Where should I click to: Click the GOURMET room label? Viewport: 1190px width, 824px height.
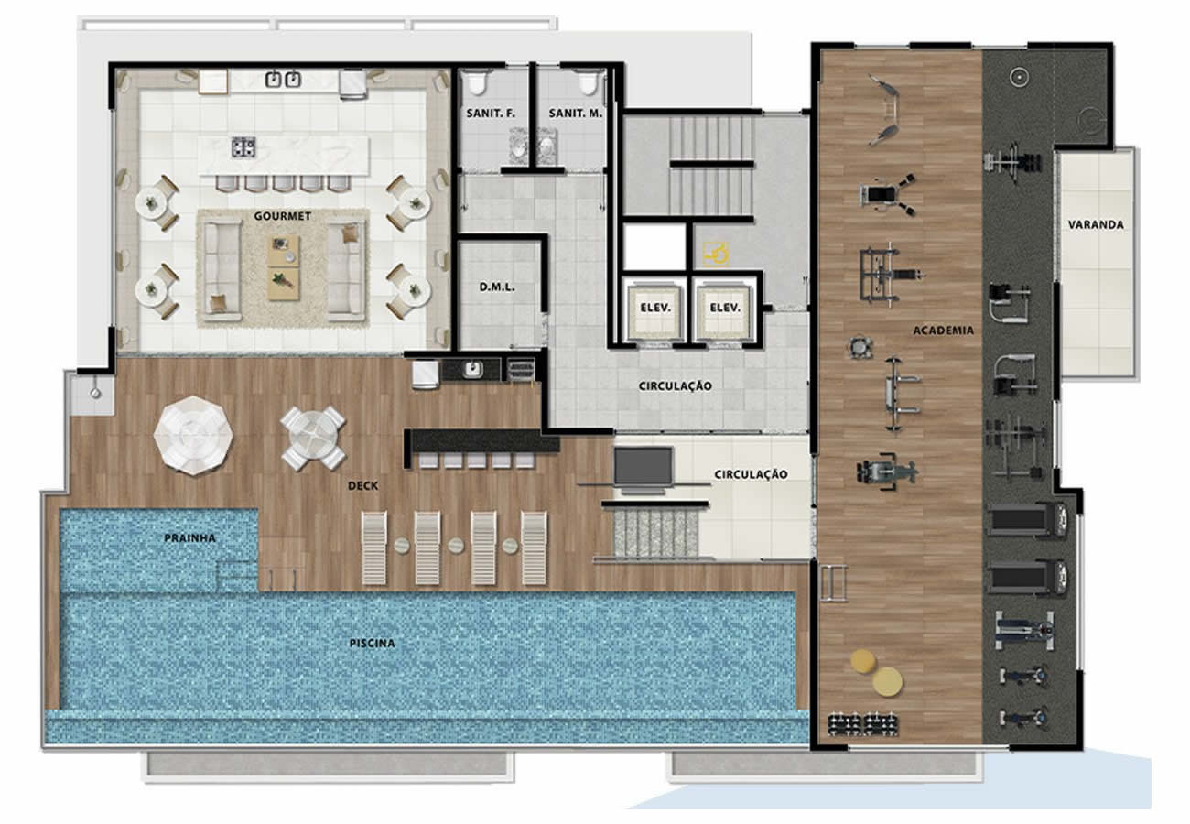pyautogui.click(x=282, y=216)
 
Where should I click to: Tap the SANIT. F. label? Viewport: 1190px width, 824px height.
pyautogui.click(x=491, y=114)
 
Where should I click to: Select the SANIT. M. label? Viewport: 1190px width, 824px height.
pyautogui.click(x=576, y=114)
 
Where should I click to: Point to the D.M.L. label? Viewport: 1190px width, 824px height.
pyautogui.click(x=497, y=287)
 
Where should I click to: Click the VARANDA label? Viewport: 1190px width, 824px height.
pyautogui.click(x=1096, y=224)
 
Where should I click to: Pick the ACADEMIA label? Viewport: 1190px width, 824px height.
pyautogui.click(x=944, y=331)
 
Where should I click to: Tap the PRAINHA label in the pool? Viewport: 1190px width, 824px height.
pyautogui.click(x=189, y=538)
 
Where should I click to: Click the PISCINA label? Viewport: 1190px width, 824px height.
pyautogui.click(x=372, y=644)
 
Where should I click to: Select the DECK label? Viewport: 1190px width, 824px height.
pyautogui.click(x=362, y=485)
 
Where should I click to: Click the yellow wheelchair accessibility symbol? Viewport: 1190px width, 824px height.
pyautogui.click(x=715, y=254)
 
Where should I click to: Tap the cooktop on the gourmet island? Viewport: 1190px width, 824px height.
pyautogui.click(x=243, y=147)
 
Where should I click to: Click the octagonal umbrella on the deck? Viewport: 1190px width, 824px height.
pyautogui.click(x=193, y=435)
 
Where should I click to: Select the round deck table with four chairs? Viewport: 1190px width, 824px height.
pyautogui.click(x=313, y=439)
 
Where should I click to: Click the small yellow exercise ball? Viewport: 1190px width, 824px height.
pyautogui.click(x=862, y=661)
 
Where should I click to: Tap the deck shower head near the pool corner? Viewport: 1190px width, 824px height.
pyautogui.click(x=95, y=393)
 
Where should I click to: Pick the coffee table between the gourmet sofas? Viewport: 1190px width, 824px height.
pyautogui.click(x=283, y=268)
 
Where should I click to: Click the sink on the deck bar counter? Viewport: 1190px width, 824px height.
pyautogui.click(x=471, y=369)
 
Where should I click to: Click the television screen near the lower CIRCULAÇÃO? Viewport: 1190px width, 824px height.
pyautogui.click(x=644, y=466)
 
